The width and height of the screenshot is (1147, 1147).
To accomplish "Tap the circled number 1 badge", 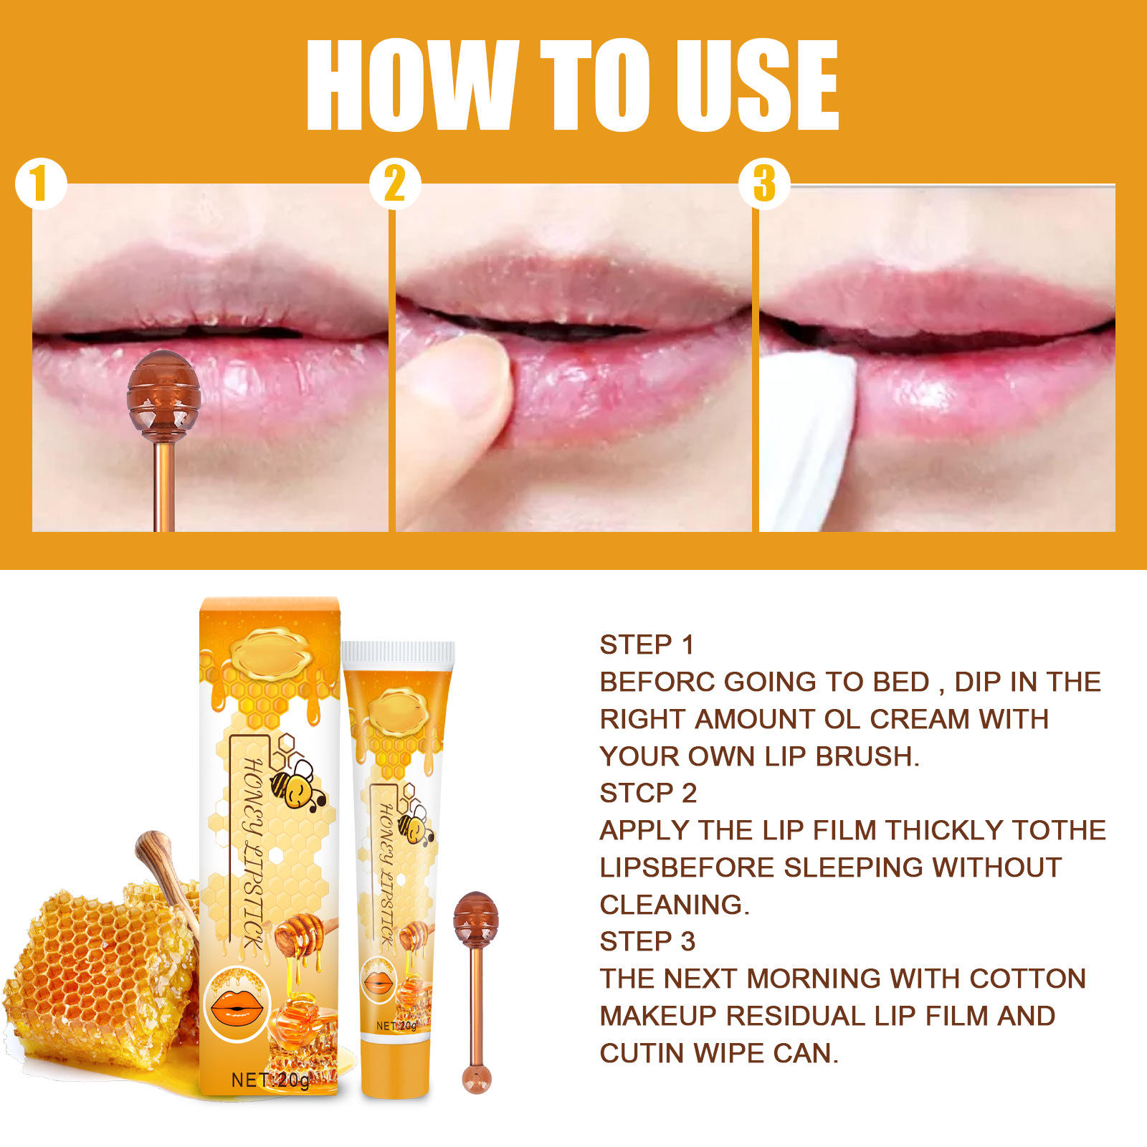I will (41, 184).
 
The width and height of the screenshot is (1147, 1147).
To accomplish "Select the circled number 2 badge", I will (395, 184).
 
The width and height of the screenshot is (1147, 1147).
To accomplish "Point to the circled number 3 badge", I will (764, 184).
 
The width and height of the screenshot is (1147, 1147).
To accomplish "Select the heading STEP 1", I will (647, 644).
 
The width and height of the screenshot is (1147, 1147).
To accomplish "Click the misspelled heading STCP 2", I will (648, 793).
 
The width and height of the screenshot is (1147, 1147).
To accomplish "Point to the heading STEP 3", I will (647, 941).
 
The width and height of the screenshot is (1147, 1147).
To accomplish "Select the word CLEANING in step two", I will (673, 905).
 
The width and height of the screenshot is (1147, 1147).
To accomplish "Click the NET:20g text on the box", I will (270, 1080).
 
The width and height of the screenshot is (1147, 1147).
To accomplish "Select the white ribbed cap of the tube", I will (398, 652).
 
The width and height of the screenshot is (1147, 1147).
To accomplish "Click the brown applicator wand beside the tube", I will (475, 989).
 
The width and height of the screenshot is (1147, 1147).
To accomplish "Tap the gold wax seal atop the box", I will (271, 654).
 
